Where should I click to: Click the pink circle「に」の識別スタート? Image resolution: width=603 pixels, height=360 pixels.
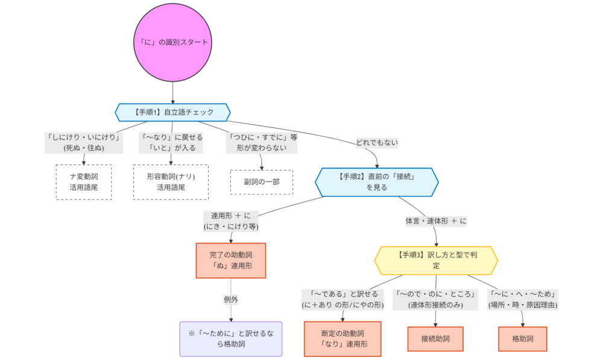click(173, 42)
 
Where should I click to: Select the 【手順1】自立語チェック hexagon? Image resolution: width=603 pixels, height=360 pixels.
click(173, 112)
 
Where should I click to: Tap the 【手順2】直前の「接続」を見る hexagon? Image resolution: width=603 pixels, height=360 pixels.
click(376, 181)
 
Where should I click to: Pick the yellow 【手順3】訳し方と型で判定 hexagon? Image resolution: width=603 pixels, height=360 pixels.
click(436, 260)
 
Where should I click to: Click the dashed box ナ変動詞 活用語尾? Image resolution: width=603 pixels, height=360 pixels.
click(84, 182)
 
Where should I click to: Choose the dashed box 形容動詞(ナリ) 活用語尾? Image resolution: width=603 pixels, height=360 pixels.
click(171, 182)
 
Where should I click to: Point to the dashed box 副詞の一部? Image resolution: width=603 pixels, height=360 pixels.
click(261, 182)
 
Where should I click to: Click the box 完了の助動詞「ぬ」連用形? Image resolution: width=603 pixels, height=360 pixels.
click(230, 260)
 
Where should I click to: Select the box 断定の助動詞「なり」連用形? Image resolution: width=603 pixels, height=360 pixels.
click(343, 339)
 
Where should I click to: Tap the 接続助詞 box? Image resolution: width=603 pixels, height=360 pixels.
click(437, 339)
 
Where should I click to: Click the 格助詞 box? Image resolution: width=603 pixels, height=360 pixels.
click(522, 339)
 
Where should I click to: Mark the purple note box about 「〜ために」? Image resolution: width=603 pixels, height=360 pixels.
click(230, 339)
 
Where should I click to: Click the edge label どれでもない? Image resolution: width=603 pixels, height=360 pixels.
click(376, 142)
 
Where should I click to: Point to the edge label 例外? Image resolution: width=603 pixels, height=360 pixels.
click(232, 300)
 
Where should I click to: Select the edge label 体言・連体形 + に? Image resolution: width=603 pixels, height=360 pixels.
click(436, 221)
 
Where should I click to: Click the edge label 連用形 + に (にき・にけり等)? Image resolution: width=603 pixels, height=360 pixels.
click(230, 221)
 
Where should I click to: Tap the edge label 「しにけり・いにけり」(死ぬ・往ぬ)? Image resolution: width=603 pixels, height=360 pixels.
click(84, 142)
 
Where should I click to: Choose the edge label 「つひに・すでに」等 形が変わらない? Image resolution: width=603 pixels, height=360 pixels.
click(261, 142)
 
